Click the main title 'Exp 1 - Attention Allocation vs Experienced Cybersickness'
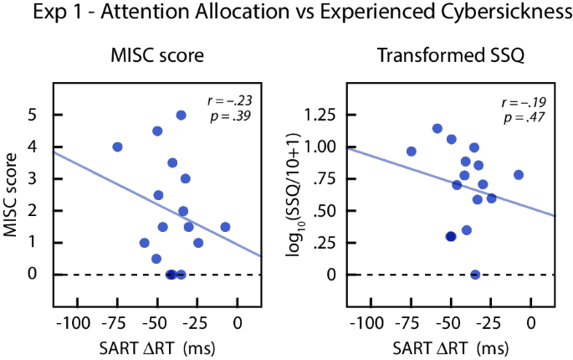(286, 13)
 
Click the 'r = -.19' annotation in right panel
(524, 102)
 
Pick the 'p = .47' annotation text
(525, 117)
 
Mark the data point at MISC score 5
(181, 115)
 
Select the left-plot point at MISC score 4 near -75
(117, 147)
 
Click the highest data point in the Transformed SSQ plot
(437, 128)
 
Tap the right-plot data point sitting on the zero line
(475, 274)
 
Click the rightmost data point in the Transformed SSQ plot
(519, 174)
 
